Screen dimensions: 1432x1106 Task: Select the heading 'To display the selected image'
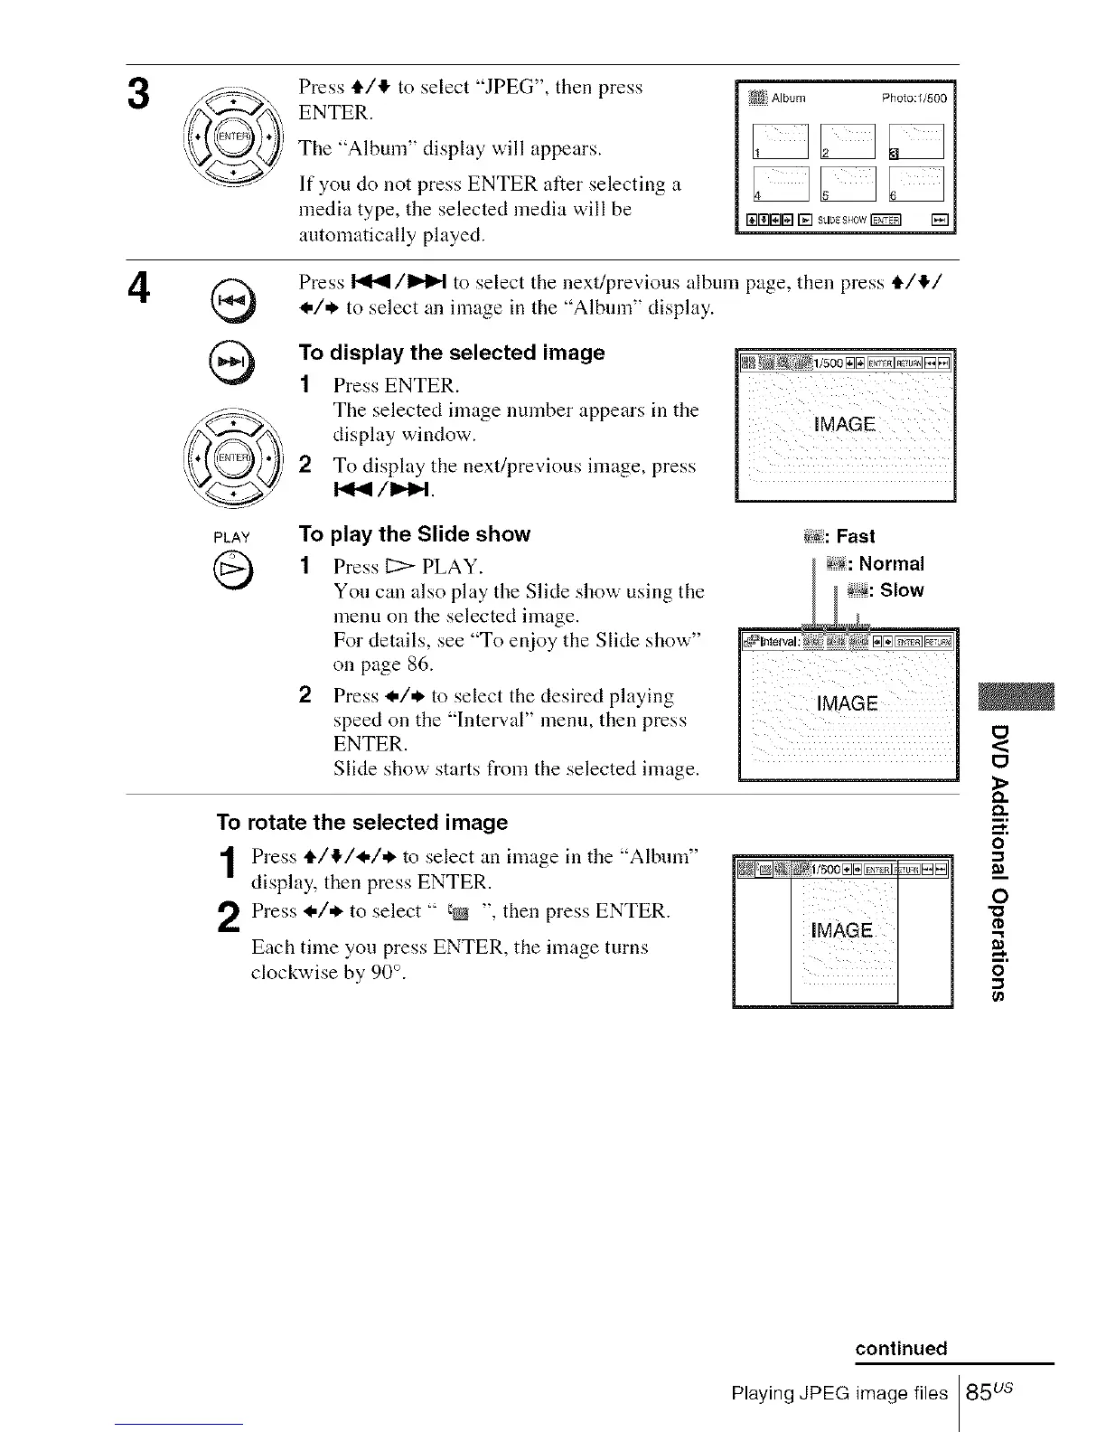coord(452,353)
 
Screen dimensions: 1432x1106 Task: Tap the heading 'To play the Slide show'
coord(415,534)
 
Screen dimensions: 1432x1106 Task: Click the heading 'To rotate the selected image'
coord(361,823)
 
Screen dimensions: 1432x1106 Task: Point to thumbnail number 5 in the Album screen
coord(848,184)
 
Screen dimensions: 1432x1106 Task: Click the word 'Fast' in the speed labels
coord(855,537)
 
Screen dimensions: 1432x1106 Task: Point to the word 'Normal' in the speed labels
coord(891,564)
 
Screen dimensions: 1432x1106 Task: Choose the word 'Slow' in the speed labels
coord(901,591)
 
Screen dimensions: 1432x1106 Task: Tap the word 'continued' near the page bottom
coord(901,1349)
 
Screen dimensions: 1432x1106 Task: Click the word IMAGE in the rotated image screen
coord(842,931)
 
